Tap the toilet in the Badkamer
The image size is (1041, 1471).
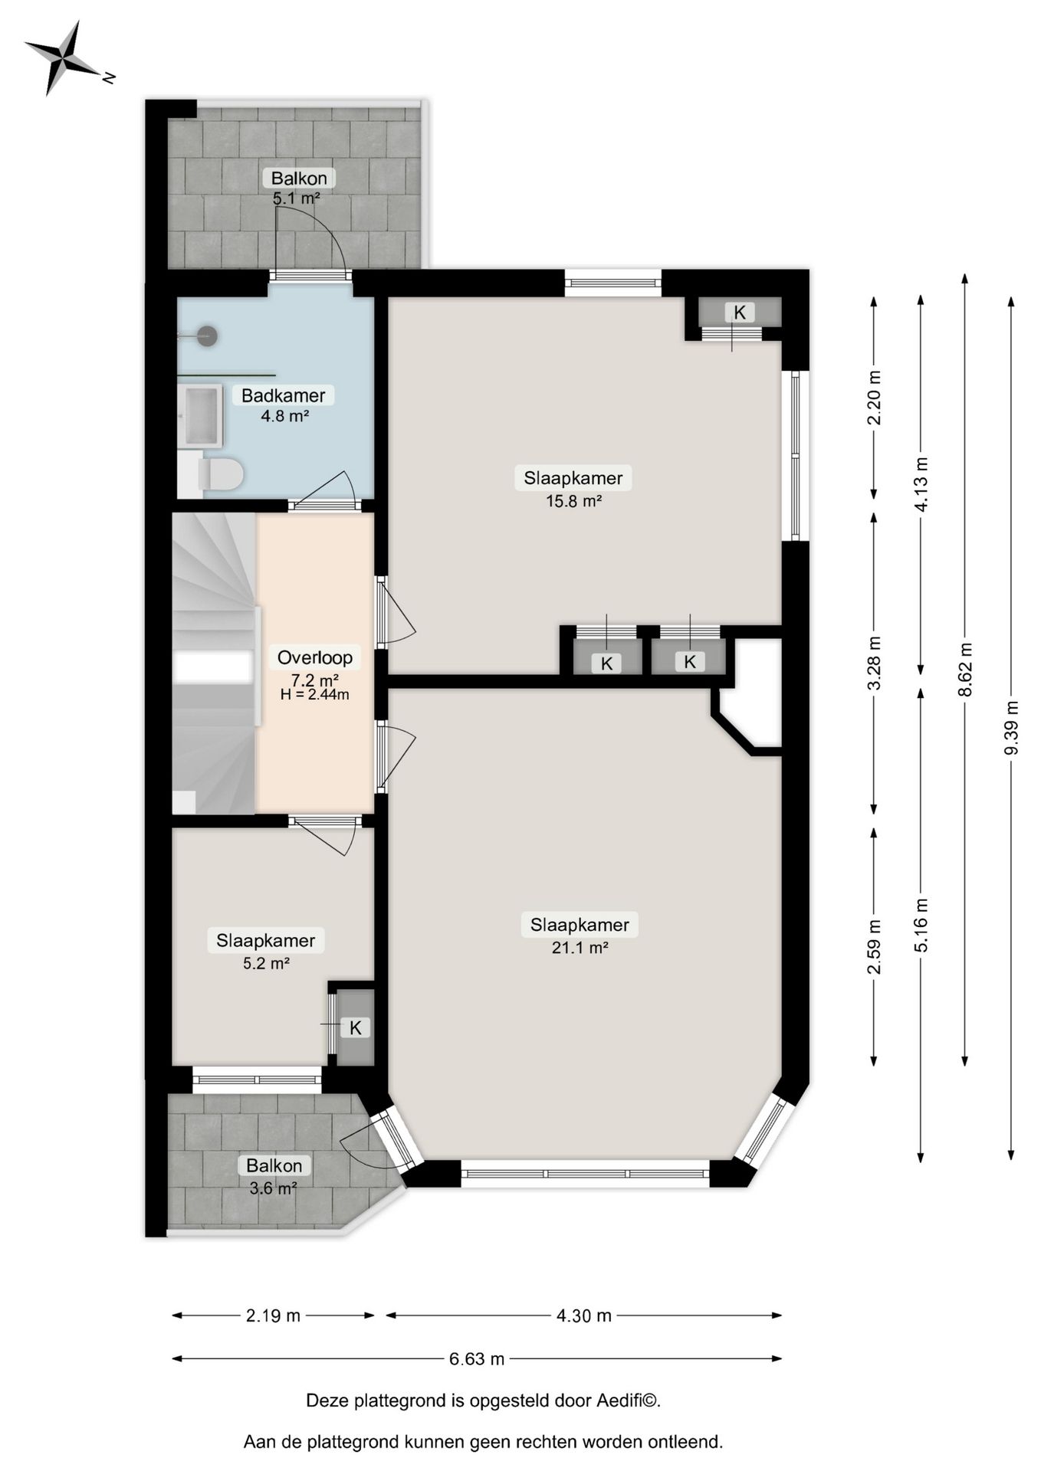221,474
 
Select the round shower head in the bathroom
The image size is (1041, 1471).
208,336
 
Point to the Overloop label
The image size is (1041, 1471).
315,657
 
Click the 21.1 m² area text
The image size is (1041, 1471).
580,948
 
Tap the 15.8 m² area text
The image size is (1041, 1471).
573,502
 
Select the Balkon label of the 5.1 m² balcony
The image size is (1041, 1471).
299,179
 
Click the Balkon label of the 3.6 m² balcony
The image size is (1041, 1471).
274,1165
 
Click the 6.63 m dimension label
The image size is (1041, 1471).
477,1358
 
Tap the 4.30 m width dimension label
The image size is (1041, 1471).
583,1315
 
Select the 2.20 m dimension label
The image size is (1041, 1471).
874,398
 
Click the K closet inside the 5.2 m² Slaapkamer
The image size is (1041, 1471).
355,1027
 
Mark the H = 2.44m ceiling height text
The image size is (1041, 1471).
314,695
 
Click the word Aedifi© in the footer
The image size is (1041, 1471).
629,1401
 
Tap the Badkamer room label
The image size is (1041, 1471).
283,396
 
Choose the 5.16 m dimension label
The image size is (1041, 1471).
921,925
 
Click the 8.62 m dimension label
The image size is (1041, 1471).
965,669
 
